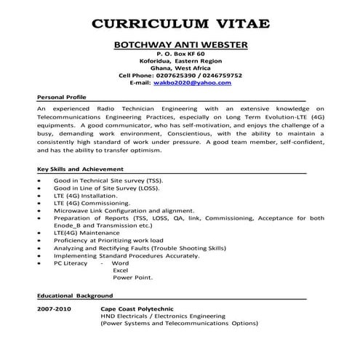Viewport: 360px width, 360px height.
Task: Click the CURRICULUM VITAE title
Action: (180, 23)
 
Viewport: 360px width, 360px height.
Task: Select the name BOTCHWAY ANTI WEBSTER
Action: (181, 45)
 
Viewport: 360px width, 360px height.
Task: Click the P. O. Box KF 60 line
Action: (181, 55)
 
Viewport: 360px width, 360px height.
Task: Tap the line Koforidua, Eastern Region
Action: (181, 62)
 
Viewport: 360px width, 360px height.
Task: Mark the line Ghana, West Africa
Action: (181, 68)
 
